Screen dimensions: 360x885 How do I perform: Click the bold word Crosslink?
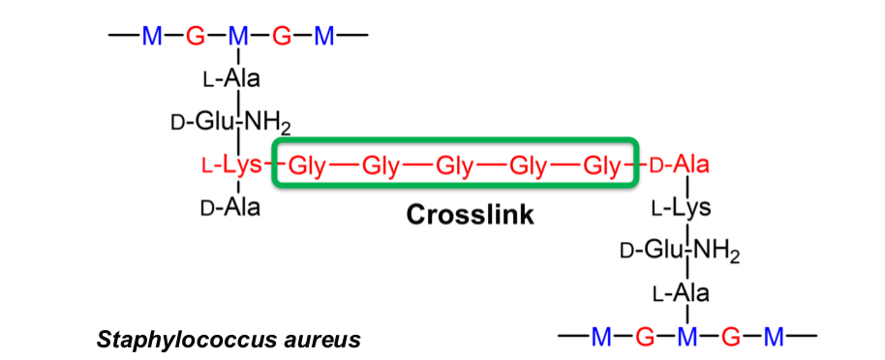pos(469,214)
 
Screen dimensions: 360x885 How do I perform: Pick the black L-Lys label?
pos(682,208)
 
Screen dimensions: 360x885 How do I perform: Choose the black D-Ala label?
pos(229,207)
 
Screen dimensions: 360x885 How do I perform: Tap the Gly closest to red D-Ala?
pos(601,165)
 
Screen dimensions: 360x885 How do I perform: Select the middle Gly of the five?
pos(454,165)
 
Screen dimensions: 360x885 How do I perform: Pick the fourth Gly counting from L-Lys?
pos(528,165)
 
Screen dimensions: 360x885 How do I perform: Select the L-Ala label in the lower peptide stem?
pos(681,292)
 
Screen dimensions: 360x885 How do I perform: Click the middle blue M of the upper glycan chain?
pos(238,37)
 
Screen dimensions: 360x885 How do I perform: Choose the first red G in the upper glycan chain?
pos(196,37)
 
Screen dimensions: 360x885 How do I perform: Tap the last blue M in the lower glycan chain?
pos(774,337)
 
